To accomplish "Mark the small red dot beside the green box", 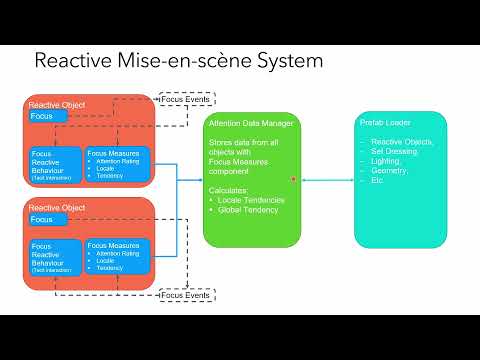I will [293, 179].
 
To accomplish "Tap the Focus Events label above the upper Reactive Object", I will [185, 100].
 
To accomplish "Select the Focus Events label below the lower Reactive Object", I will [185, 296].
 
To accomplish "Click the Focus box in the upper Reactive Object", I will [47, 116].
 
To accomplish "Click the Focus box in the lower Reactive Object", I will [47, 219].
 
